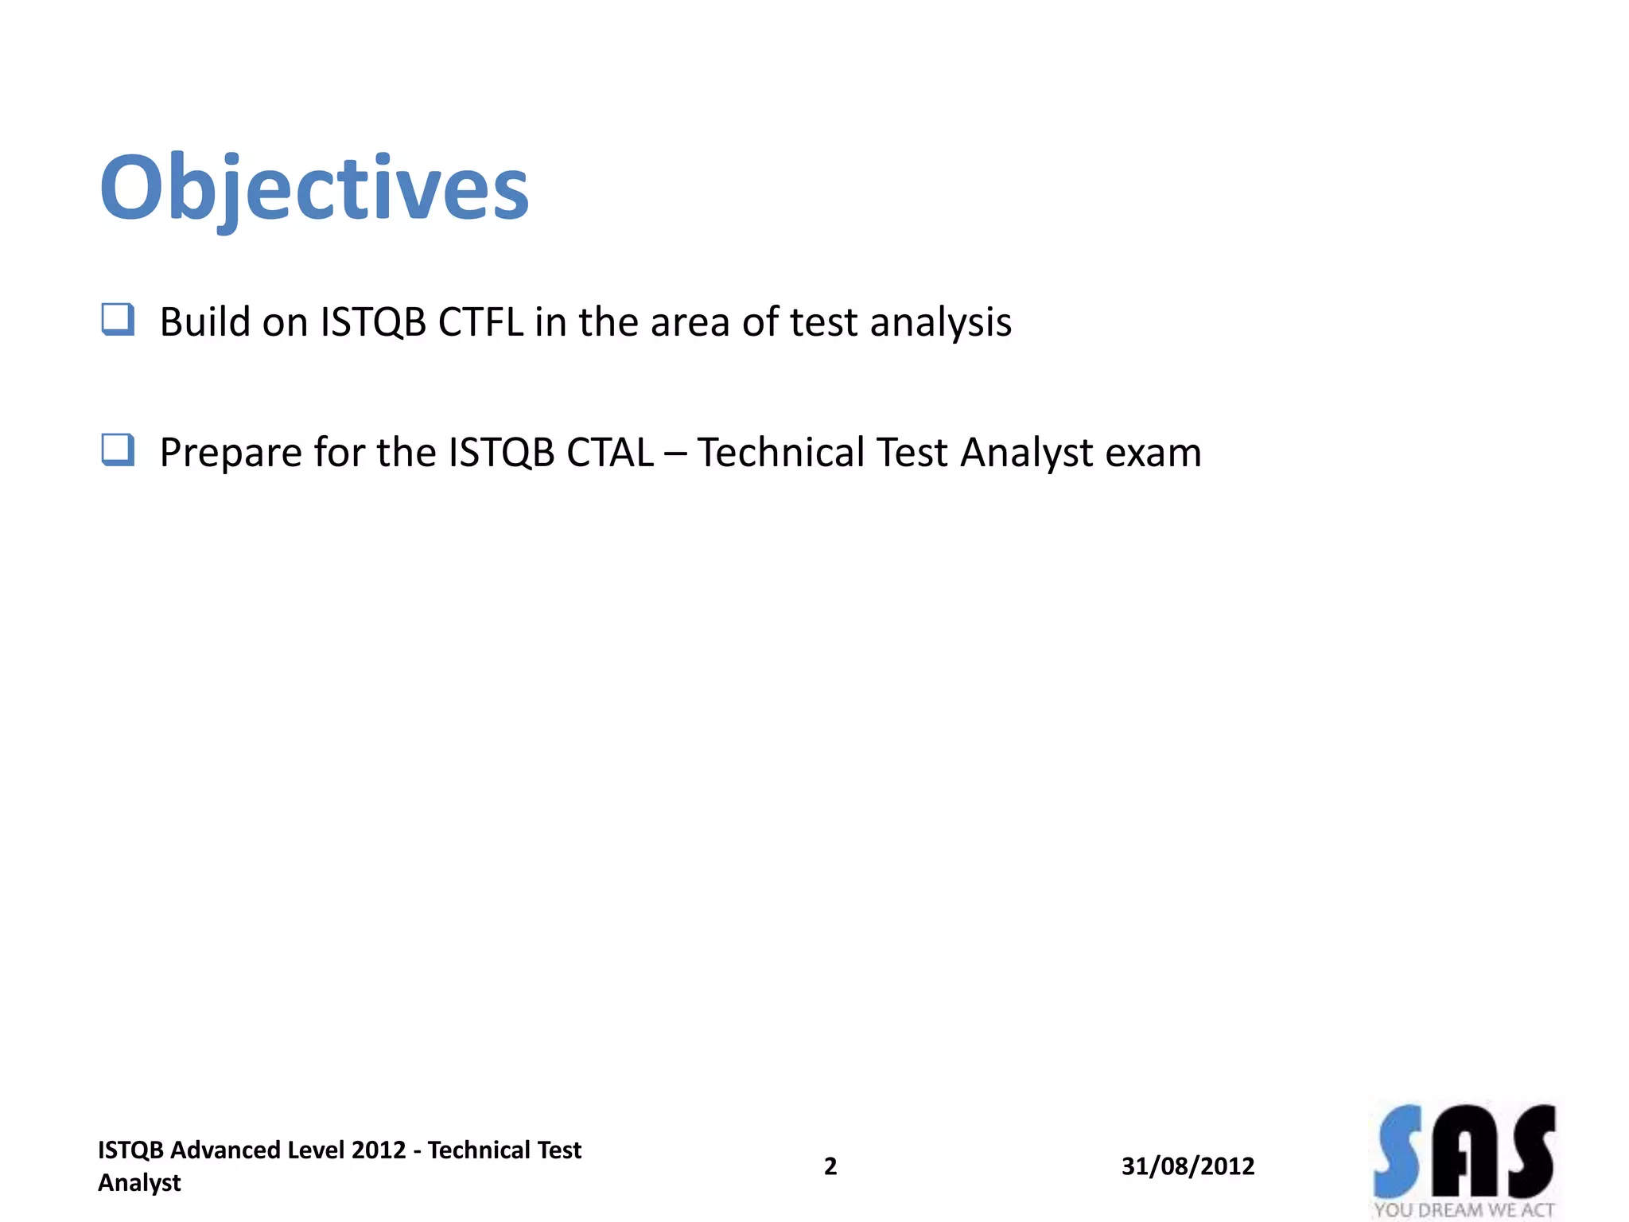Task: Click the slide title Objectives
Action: click(314, 189)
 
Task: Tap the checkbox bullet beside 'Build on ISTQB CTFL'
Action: click(118, 320)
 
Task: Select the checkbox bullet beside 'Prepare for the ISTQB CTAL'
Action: click(118, 450)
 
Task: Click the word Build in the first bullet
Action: click(205, 322)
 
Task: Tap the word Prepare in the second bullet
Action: click(231, 453)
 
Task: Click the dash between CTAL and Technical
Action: click(675, 453)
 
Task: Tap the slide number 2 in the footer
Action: click(830, 1166)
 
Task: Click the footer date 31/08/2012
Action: click(1188, 1166)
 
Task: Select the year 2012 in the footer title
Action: click(379, 1150)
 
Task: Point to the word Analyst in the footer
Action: click(139, 1183)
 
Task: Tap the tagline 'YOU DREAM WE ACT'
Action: click(1464, 1210)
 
